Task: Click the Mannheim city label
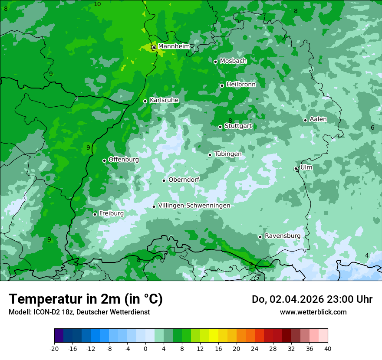(x=174, y=46)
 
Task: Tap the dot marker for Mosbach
(x=215, y=62)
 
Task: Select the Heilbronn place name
(x=241, y=85)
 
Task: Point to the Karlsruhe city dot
(x=145, y=101)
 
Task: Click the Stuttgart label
(x=238, y=126)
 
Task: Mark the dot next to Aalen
(x=306, y=120)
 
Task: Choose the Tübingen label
(x=228, y=154)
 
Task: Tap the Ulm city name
(x=306, y=167)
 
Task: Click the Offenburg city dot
(x=104, y=160)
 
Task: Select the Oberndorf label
(x=184, y=180)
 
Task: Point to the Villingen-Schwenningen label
(x=194, y=206)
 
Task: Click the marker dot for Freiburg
(x=95, y=214)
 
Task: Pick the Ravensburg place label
(x=283, y=236)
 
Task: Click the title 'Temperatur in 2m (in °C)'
(x=86, y=299)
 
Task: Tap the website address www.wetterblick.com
(x=313, y=312)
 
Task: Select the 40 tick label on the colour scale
(x=327, y=348)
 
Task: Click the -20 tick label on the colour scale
(x=54, y=348)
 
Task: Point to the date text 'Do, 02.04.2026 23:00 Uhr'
(x=312, y=299)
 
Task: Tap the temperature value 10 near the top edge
(x=97, y=4)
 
